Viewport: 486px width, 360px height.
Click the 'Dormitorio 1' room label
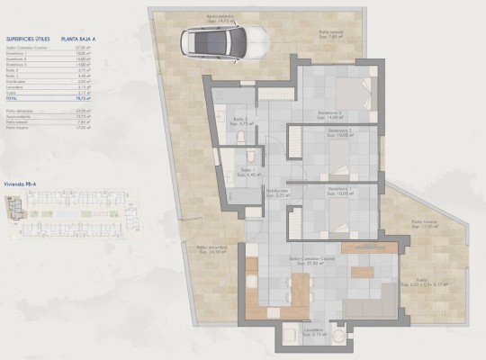339,190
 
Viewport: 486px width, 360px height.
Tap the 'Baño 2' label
239,120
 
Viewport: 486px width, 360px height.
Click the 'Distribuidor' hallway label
276,192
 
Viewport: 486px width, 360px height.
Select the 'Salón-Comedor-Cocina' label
308,261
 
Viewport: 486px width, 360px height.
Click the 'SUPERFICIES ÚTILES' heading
28,40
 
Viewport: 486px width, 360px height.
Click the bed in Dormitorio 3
347,90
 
